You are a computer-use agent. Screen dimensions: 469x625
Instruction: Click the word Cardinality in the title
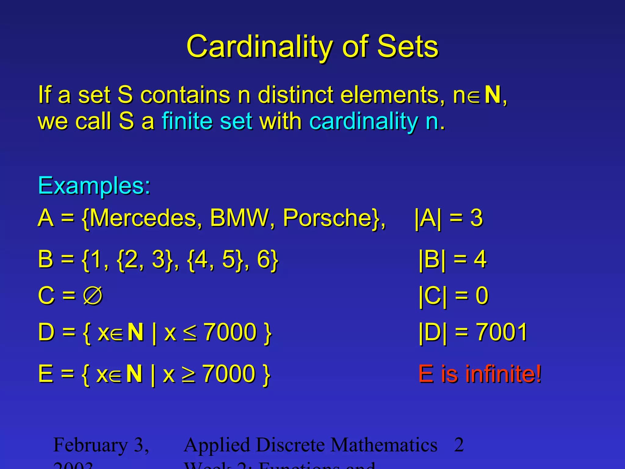tap(259, 46)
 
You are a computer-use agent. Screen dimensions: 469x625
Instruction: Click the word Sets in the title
tap(408, 46)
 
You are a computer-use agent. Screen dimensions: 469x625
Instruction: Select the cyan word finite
tap(187, 121)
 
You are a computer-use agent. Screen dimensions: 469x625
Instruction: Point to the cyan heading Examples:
tap(94, 186)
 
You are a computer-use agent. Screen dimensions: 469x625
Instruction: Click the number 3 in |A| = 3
tap(476, 218)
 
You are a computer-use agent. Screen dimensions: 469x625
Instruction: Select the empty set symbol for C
tap(93, 296)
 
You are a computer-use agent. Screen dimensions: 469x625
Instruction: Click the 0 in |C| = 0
tap(482, 296)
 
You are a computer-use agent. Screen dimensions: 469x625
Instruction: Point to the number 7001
tap(502, 332)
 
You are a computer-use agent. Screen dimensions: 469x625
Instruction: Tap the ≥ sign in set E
tap(189, 374)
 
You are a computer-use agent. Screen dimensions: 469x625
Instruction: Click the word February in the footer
tap(90, 445)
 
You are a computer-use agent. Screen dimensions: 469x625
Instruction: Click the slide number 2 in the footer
tap(459, 445)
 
